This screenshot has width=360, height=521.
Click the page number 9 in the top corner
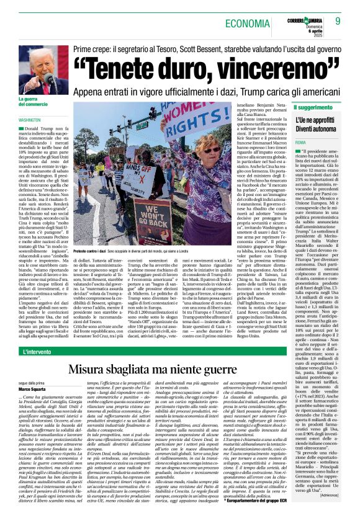338,22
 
